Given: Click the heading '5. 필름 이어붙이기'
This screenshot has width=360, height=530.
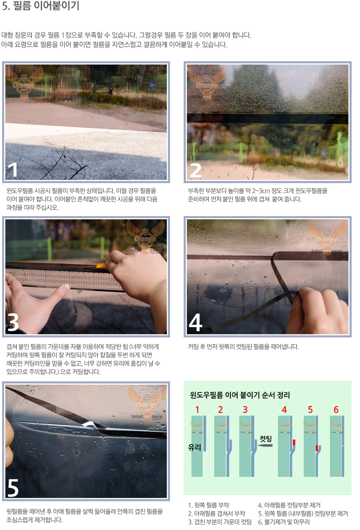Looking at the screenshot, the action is [x=41, y=6].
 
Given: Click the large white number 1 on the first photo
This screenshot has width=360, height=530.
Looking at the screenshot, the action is [x=13, y=170].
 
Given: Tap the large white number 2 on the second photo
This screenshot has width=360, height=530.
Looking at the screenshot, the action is [x=196, y=171].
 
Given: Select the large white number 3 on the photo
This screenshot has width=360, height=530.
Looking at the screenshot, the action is [x=13, y=322].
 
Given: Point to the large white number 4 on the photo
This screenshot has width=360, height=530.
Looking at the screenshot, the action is [x=195, y=322].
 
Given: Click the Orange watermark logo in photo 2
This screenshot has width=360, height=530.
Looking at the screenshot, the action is [x=207, y=83].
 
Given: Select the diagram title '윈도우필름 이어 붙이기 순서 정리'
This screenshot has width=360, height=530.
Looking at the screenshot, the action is [x=240, y=395].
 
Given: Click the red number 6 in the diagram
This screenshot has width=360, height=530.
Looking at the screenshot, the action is [x=336, y=410].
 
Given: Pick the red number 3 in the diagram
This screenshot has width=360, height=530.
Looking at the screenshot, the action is [x=245, y=410].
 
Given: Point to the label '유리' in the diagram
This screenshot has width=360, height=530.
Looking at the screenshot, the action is [x=194, y=447].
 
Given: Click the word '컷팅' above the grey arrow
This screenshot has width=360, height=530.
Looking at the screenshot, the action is [x=266, y=439].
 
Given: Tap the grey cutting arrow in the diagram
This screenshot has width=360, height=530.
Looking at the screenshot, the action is [x=265, y=445].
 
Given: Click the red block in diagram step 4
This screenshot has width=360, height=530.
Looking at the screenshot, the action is [x=294, y=442].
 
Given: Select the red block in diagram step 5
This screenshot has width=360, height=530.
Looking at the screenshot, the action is [x=317, y=448].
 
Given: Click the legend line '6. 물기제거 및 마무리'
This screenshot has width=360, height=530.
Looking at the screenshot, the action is [x=284, y=522].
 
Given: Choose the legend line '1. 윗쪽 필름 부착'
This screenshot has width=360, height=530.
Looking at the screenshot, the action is [x=209, y=505].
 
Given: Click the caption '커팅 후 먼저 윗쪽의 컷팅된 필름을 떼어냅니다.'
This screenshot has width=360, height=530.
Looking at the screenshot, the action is [x=243, y=346].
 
